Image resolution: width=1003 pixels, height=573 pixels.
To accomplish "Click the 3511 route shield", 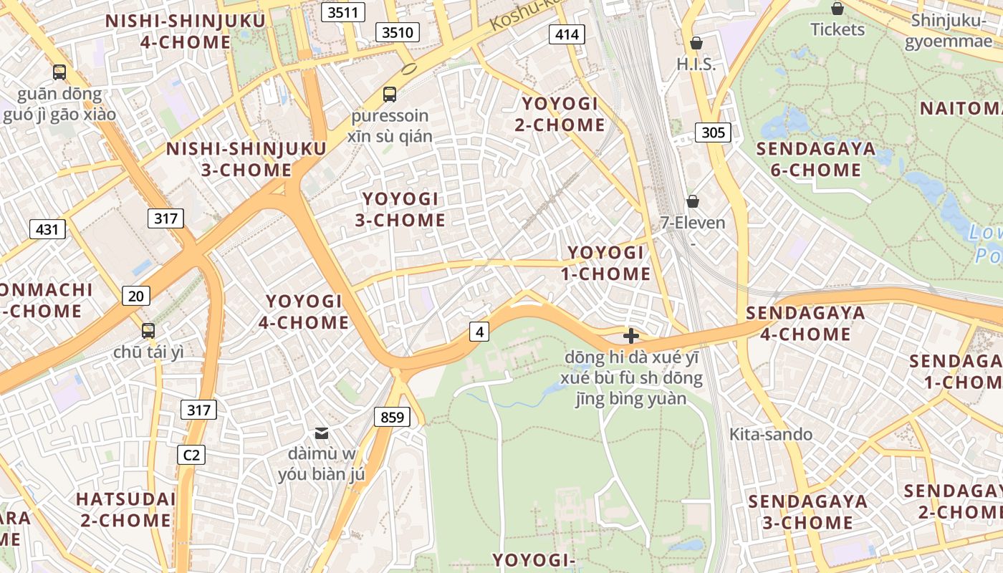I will pos(343,12).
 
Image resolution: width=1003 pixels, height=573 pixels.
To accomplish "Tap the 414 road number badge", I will pos(567,34).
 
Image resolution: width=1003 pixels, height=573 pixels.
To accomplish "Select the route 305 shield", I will pos(713,132).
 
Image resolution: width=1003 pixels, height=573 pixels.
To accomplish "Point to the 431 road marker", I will pos(47,229).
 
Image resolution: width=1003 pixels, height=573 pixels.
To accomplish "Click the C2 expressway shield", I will pos(191,454).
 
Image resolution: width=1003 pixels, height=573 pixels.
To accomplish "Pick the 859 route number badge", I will pos(392,417).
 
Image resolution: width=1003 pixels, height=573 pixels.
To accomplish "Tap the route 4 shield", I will pos(479,332).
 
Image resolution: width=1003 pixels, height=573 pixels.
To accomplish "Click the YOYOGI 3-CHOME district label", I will pos(400,209).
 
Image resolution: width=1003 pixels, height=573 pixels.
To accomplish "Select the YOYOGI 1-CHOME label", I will pos(609,263).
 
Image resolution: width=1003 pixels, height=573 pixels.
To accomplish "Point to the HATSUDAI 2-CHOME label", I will pos(125,509).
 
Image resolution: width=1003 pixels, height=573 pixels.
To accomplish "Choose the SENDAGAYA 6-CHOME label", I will pos(816,159).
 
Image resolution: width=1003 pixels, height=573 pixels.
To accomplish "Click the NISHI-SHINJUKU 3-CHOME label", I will pos(246,159).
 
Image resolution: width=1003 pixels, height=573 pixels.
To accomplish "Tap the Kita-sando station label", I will pos(771,434).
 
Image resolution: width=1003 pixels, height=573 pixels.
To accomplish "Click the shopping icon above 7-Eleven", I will pos(692,201).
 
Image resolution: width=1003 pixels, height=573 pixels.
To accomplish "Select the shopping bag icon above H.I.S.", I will pos(696,43).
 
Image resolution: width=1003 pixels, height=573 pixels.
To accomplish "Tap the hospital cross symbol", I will pos(631,335).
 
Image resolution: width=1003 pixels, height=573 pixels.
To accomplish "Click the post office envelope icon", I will pos(322,433).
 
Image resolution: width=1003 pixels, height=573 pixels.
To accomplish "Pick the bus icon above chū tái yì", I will pos(148,331).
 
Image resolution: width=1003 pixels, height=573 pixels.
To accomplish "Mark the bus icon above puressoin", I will pos(390,94).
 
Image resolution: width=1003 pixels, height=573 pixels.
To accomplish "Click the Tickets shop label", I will pos(838,29).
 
